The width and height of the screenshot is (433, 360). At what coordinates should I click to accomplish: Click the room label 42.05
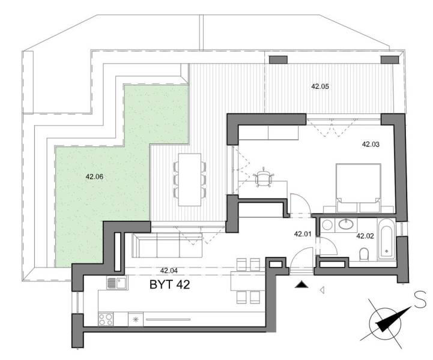tap(320, 86)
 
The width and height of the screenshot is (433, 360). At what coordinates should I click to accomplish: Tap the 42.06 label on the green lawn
tap(95, 176)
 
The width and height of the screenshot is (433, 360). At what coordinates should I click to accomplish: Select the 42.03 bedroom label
tap(371, 144)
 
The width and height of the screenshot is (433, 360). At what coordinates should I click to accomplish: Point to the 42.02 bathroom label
tap(365, 236)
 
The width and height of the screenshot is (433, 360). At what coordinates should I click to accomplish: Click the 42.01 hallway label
tap(302, 234)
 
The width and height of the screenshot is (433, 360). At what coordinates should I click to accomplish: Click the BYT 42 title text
tap(170, 284)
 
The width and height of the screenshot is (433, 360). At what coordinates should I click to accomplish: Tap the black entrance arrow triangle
tap(301, 286)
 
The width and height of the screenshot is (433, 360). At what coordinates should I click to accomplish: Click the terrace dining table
tap(189, 178)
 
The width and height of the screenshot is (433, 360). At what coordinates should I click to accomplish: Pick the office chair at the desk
tap(264, 178)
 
